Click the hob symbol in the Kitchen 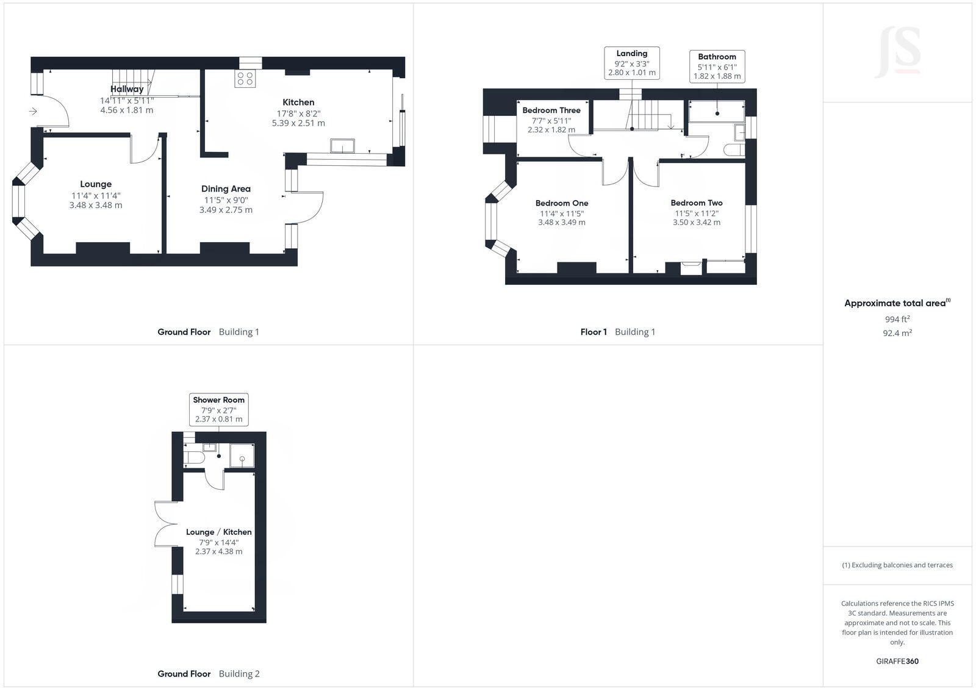(x=245, y=79)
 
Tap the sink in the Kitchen (x=342, y=145)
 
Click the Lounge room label (x=96, y=184)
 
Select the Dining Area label (x=226, y=189)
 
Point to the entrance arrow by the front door (x=33, y=111)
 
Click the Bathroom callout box (x=717, y=66)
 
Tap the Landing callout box (x=631, y=63)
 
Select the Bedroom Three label (x=551, y=110)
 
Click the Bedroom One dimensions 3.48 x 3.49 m (x=561, y=223)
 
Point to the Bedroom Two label (x=697, y=203)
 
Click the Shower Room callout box (x=218, y=409)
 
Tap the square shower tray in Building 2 (x=242, y=455)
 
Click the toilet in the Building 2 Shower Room (x=195, y=457)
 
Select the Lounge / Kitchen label (x=218, y=532)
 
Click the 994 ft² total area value (x=897, y=319)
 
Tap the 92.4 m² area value (x=897, y=333)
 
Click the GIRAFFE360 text (x=897, y=661)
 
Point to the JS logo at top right (x=897, y=52)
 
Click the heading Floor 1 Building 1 (x=617, y=332)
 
